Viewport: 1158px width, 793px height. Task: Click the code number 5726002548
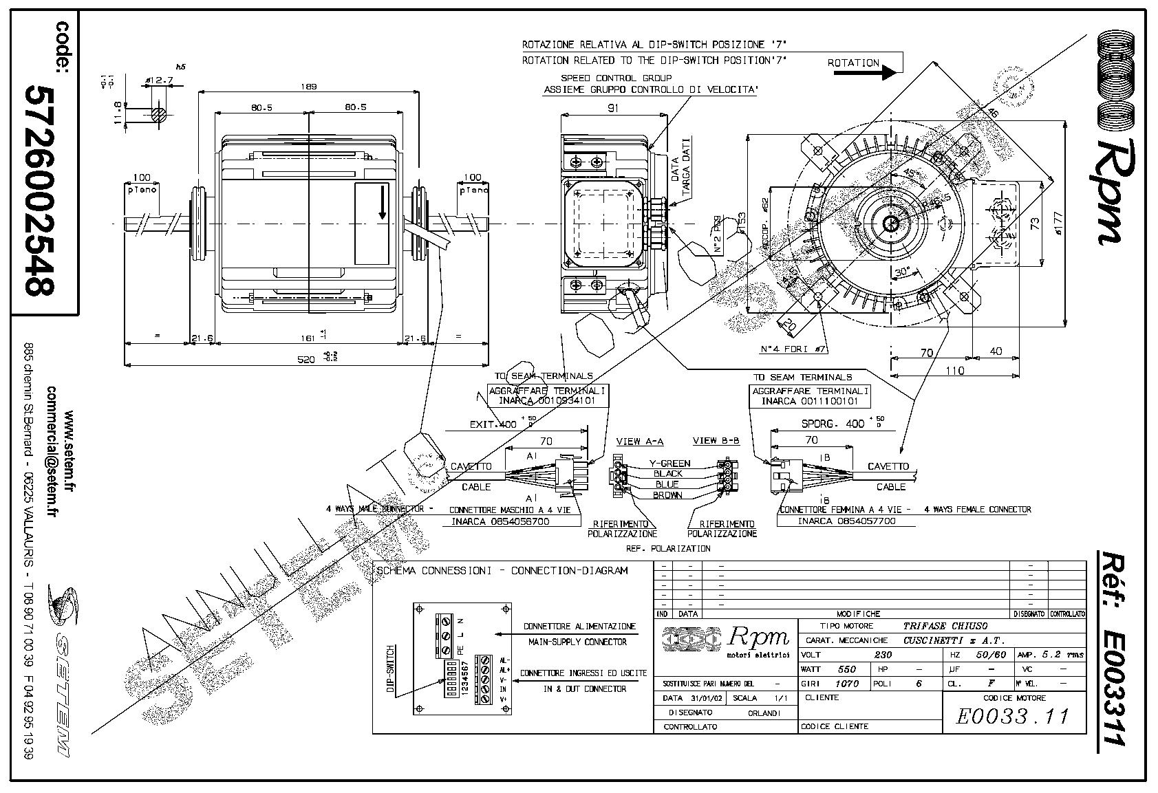point(40,191)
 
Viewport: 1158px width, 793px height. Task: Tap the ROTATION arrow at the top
point(864,66)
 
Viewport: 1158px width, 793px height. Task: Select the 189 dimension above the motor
point(309,87)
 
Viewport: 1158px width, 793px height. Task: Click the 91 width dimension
point(613,108)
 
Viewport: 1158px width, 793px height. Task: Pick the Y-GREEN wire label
point(669,464)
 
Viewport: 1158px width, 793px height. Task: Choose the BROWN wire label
point(667,495)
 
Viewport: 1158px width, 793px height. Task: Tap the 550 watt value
point(846,669)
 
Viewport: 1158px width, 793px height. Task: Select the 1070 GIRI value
point(846,684)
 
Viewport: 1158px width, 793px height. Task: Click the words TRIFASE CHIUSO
point(945,626)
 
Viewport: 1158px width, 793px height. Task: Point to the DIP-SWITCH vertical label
point(391,671)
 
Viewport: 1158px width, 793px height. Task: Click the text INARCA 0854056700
point(500,521)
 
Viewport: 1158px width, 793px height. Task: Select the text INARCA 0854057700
point(846,521)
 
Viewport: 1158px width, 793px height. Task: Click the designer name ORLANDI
point(764,713)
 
